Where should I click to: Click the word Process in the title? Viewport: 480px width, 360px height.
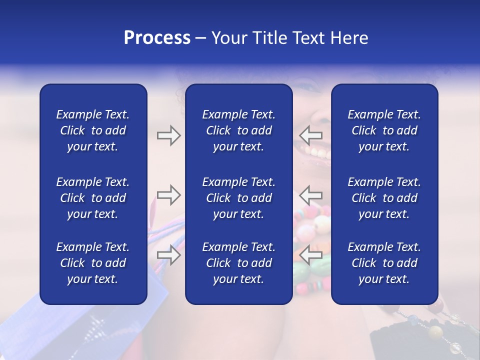coord(157,38)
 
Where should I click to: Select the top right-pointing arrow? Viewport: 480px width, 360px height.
coord(168,135)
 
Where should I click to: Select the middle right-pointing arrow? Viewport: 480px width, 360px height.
coord(168,195)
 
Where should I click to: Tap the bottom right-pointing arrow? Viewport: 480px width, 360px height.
coord(168,255)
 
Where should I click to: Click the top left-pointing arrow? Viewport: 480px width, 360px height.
coord(311,134)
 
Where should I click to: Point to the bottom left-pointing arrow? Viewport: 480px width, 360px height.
coord(311,255)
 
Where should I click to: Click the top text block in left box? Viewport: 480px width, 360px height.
coord(93,130)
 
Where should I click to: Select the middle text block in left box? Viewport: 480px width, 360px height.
coord(93,198)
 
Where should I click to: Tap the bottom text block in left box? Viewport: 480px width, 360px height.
coord(93,263)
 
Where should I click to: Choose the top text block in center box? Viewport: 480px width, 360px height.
coord(238,130)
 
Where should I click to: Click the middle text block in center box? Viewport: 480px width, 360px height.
coord(238,198)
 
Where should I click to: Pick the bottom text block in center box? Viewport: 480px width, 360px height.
coord(238,263)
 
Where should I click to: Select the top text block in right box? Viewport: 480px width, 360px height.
coord(384,130)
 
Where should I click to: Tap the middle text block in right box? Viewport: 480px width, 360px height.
coord(384,198)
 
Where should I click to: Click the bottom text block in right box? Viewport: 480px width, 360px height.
coord(384,263)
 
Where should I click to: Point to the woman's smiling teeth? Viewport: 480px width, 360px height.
coord(315,150)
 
